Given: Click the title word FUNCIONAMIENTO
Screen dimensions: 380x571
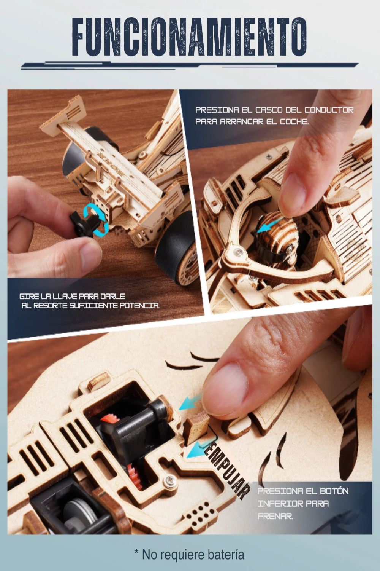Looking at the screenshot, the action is (189, 37).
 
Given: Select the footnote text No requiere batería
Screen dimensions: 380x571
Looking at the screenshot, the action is (193, 555).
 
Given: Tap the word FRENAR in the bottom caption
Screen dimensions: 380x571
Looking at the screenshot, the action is (275, 517).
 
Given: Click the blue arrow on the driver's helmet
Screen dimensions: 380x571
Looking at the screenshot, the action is (269, 225).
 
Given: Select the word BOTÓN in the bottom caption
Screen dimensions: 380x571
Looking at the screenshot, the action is (334, 491).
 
